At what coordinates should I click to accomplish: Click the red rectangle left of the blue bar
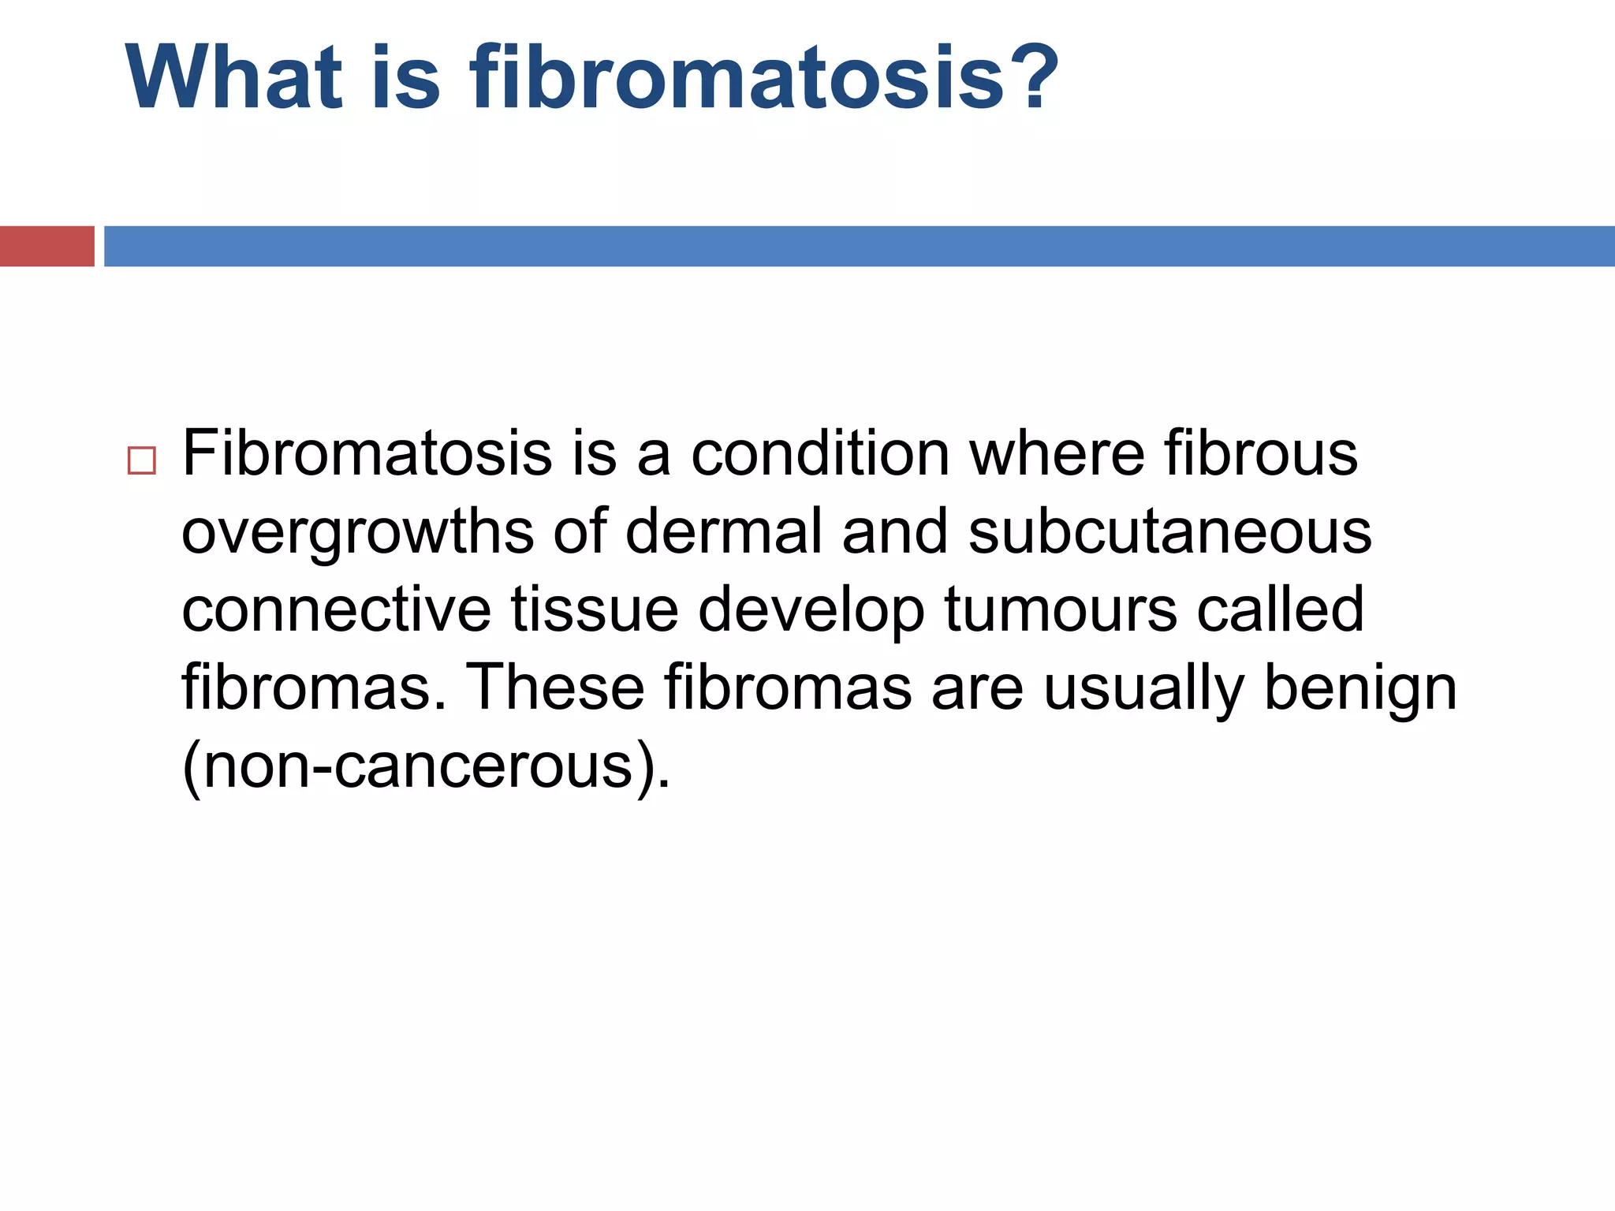[47, 246]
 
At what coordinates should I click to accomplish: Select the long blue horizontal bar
[859, 246]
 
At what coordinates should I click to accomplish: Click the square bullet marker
[141, 460]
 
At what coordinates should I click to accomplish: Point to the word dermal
[724, 531]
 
